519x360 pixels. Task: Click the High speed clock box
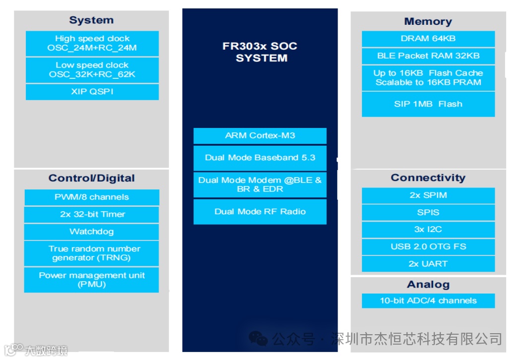pos(92,44)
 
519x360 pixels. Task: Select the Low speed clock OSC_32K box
pos(92,70)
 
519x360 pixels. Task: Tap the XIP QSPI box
pos(92,92)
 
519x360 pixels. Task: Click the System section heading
pos(91,20)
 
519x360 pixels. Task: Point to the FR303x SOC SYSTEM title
pos(260,52)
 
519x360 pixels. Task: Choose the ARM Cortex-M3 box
pos(260,136)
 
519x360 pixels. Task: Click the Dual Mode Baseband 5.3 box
pos(260,158)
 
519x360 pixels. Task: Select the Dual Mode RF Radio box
pos(260,212)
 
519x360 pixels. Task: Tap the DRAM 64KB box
pos(428,39)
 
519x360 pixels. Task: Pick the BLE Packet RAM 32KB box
pos(428,56)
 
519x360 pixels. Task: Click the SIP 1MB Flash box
pos(428,104)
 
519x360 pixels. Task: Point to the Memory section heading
pos(428,21)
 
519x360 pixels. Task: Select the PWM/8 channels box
pos(92,197)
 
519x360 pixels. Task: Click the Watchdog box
pos(92,232)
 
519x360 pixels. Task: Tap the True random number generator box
pos(92,253)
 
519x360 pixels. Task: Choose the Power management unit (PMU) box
pos(92,280)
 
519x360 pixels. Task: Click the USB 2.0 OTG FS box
pos(428,246)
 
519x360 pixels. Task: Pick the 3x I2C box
pos(428,230)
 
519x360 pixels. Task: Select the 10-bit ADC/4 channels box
pos(428,300)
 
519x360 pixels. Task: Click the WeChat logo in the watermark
pos(258,339)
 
